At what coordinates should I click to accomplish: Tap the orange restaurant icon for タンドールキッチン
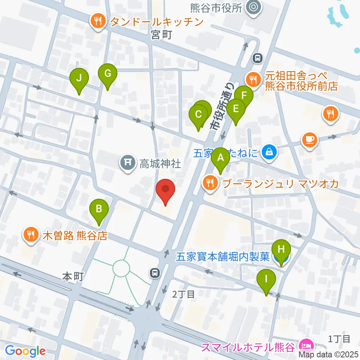click(x=98, y=21)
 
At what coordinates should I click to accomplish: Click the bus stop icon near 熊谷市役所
click(x=257, y=58)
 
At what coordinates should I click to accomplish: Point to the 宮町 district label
click(x=162, y=36)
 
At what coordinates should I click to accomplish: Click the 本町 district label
click(x=72, y=277)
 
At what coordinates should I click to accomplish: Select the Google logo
click(x=25, y=351)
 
